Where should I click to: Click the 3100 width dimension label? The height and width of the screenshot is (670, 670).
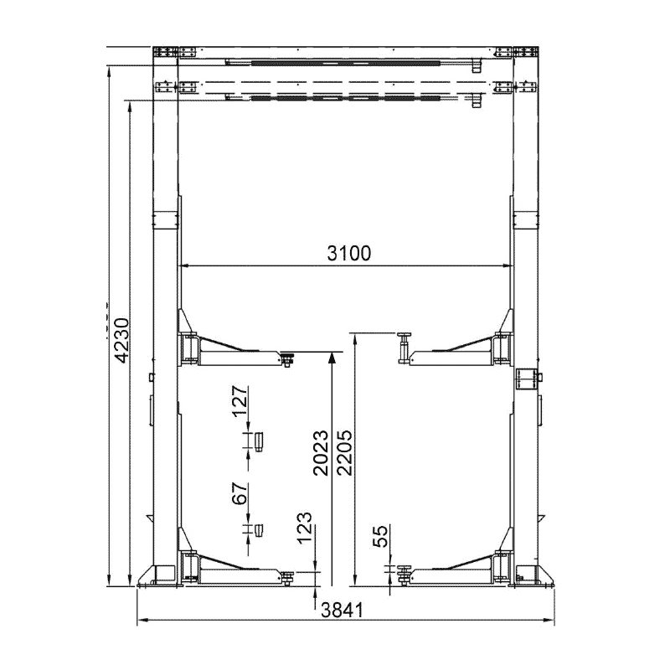point(349,253)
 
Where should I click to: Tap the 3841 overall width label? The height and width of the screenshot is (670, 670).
point(342,610)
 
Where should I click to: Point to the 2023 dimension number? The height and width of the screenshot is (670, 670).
point(321,453)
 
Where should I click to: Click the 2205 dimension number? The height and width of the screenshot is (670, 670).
point(344,453)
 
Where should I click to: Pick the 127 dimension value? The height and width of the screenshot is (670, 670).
point(240,401)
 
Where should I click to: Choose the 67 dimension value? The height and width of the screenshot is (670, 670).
point(240,493)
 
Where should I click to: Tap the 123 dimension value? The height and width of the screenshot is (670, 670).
point(305,528)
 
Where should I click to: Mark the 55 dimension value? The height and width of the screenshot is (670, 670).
point(380,536)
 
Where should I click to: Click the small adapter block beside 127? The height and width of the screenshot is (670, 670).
point(259,442)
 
